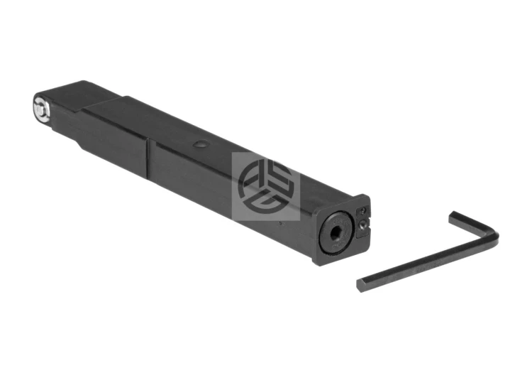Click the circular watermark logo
coord(265,185)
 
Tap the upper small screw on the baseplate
coord(362,212)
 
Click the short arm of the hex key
coord(475,225)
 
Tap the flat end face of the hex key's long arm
coord(360,283)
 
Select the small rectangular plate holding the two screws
coord(362,218)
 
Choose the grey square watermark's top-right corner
coord(299,152)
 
